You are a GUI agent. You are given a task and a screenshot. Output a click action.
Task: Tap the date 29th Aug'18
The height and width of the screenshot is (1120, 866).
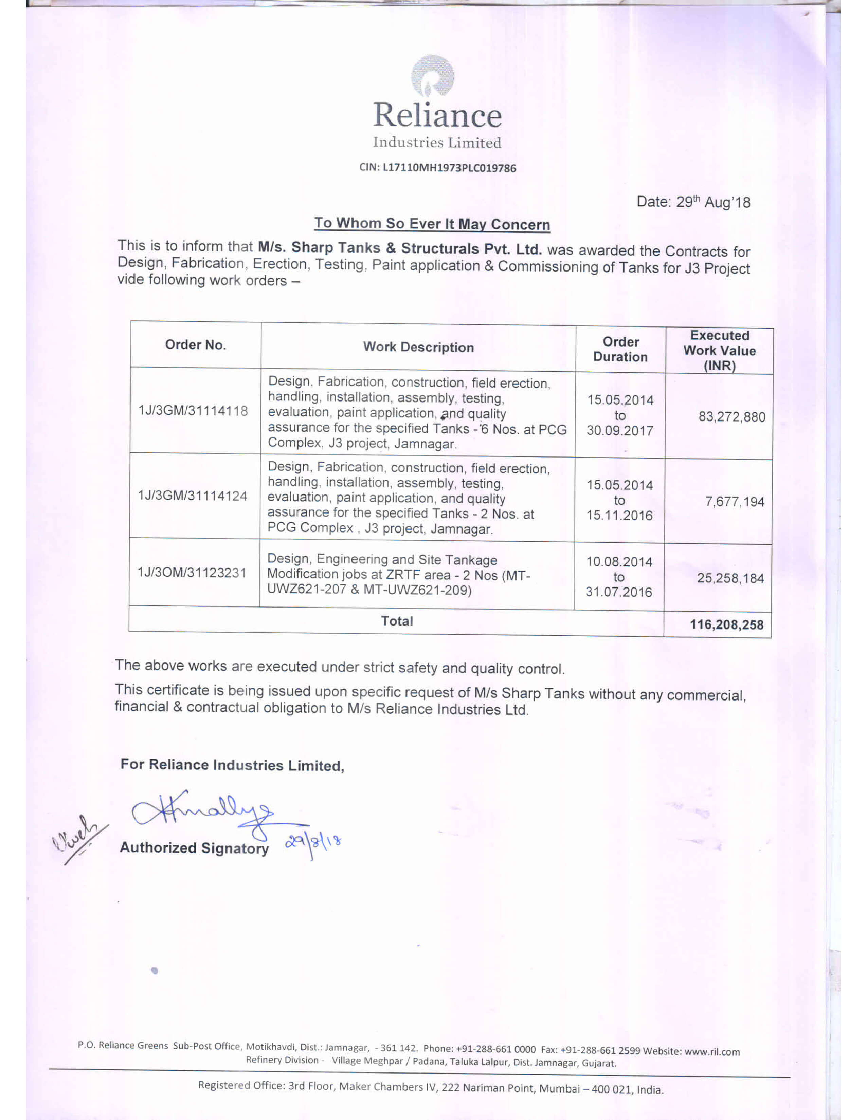pyautogui.click(x=693, y=202)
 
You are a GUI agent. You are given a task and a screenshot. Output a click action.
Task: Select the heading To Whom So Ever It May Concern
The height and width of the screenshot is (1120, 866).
pyautogui.click(x=432, y=224)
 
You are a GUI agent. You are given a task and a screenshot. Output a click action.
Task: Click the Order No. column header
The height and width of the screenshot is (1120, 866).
pyautogui.click(x=196, y=344)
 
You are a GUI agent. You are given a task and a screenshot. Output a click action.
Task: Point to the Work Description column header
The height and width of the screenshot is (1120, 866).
pyautogui.click(x=418, y=347)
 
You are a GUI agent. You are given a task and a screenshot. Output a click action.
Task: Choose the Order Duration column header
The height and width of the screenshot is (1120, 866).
pyautogui.click(x=620, y=349)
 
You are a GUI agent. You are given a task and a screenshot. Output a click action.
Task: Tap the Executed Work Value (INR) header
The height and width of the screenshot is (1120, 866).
pyautogui.click(x=719, y=351)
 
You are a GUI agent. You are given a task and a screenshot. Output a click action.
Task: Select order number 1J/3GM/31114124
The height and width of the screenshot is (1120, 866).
pyautogui.click(x=192, y=496)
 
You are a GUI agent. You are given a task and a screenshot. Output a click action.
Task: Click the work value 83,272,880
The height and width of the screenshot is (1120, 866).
pyautogui.click(x=732, y=416)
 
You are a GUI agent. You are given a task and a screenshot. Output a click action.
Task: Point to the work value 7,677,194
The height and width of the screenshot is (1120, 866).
pyautogui.click(x=735, y=502)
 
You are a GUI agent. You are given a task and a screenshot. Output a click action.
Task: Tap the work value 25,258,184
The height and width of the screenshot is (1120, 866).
pyautogui.click(x=730, y=578)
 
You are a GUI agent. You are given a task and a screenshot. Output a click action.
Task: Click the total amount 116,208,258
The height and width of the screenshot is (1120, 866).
pyautogui.click(x=726, y=624)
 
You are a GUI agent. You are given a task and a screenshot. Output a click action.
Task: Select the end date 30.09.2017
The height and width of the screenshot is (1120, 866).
pyautogui.click(x=620, y=430)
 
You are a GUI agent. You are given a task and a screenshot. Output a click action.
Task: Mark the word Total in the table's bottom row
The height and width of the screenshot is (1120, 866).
pyautogui.click(x=397, y=621)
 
